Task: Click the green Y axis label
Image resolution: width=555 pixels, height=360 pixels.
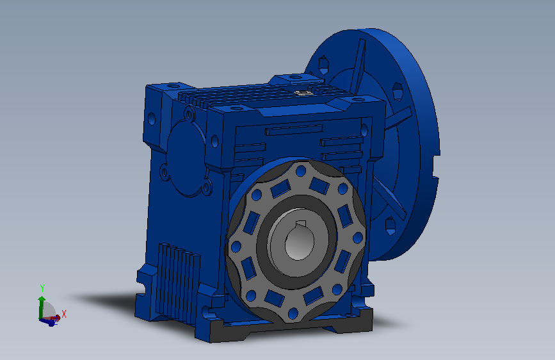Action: pyautogui.click(x=42, y=288)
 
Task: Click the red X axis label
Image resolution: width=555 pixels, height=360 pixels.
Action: pyautogui.click(x=64, y=314)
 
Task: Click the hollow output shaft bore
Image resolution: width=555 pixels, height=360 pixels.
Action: pyautogui.click(x=299, y=240)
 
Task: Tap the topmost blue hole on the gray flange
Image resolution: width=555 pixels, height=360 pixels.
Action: pyautogui.click(x=301, y=171)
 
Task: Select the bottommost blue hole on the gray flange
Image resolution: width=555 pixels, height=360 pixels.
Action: pyautogui.click(x=293, y=314)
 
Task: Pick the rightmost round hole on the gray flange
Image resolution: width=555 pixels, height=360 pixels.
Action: pyautogui.click(x=358, y=238)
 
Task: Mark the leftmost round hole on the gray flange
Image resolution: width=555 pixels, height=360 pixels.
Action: pyautogui.click(x=236, y=247)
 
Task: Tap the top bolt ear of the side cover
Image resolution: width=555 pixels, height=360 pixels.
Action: pyautogui.click(x=189, y=114)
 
